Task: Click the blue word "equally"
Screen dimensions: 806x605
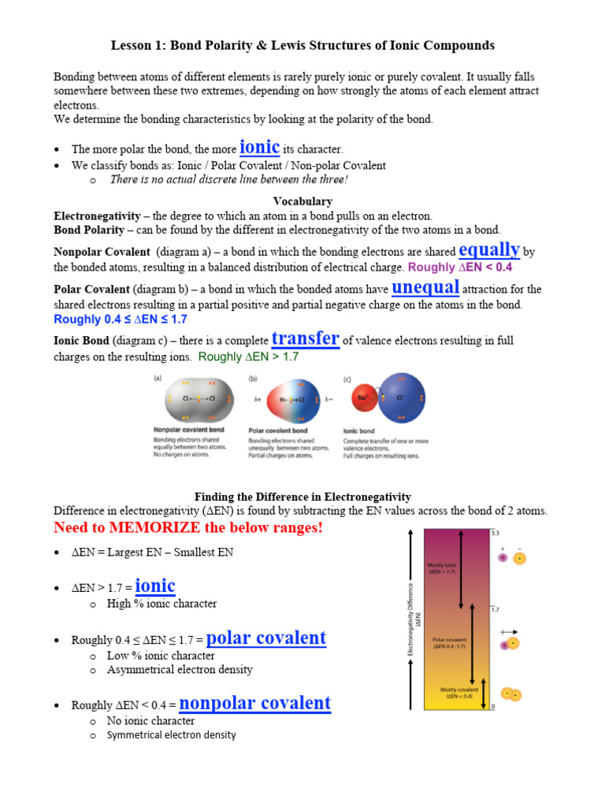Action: coord(488,250)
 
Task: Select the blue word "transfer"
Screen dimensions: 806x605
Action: coord(305,338)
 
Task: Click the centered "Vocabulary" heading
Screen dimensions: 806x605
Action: coord(302,201)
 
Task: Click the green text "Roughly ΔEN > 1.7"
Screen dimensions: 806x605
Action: coord(249,357)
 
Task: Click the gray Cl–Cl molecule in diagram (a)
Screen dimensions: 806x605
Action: coord(191,400)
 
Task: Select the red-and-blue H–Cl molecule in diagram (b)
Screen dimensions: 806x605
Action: coord(292,400)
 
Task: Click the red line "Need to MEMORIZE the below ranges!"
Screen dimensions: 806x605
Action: coord(188,527)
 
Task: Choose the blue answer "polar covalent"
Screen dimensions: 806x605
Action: coord(266,638)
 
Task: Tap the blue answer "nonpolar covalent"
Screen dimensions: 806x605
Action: coord(255,703)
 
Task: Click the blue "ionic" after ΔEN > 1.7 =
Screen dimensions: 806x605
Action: coord(155,586)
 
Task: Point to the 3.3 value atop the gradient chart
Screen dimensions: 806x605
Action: coord(496,533)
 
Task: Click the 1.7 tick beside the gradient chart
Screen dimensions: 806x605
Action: coord(496,609)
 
